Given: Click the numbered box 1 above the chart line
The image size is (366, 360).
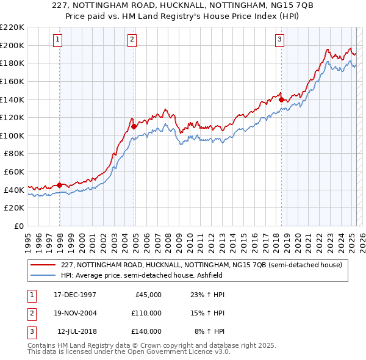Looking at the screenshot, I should pyautogui.click(x=57, y=40).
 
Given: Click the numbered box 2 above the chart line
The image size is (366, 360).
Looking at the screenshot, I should pyautogui.click(x=132, y=40).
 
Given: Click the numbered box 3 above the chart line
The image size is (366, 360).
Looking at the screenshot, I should pyautogui.click(x=279, y=40).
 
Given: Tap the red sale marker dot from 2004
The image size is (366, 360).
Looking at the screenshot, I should pyautogui.click(x=134, y=127).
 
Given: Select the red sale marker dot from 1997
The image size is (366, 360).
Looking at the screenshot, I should pyautogui.click(x=59, y=185).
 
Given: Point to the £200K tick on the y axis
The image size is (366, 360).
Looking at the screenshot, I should pyautogui.click(x=12, y=45).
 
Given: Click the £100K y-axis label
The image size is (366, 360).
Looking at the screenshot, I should pyautogui.click(x=12, y=135).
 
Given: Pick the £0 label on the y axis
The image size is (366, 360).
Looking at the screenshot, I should pyautogui.click(x=20, y=226).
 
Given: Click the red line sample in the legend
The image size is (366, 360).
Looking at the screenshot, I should pyautogui.click(x=43, y=265).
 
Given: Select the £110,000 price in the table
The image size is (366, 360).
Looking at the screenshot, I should pyautogui.click(x=146, y=313).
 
